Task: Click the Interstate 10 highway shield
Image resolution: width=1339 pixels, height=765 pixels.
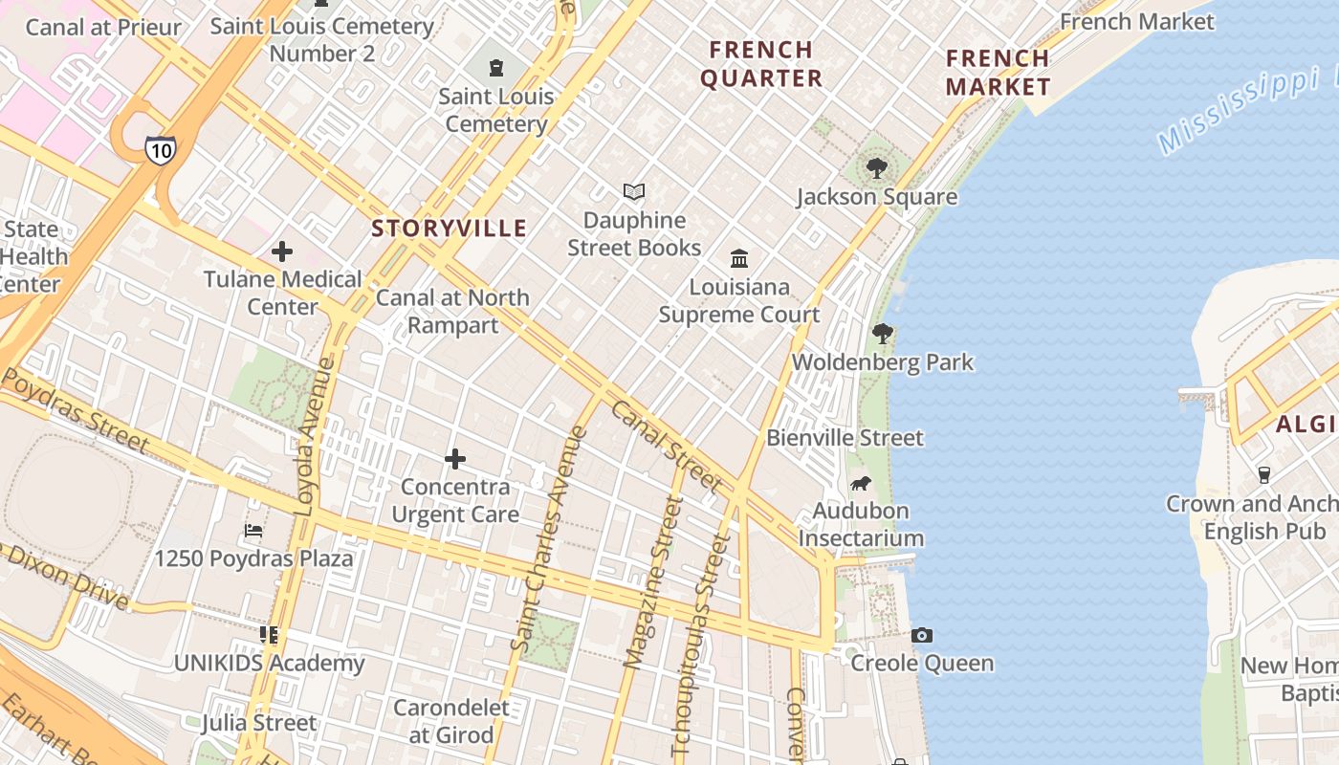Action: pos(160,149)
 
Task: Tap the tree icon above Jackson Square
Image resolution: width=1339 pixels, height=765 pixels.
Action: pos(876,169)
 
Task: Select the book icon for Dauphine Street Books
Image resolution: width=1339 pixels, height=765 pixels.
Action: pos(634,192)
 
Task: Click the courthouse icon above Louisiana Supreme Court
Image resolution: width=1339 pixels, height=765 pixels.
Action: pos(739,259)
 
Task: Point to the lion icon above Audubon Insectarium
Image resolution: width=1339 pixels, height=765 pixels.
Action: pos(861,483)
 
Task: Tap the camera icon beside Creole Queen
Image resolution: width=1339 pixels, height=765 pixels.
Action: pos(922,636)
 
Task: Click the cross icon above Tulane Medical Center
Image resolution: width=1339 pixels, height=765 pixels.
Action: pos(282,251)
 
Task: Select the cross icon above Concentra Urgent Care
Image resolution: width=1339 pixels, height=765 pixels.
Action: pos(455,459)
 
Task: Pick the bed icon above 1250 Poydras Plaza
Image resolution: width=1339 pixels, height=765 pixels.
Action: pos(253,531)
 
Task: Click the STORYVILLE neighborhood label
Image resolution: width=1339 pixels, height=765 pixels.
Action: pos(450,228)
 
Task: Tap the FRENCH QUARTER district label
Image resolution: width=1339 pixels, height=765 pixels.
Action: pos(761,64)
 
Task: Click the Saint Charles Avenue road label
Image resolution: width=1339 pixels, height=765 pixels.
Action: pos(550,540)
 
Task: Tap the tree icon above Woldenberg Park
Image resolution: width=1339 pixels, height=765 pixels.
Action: pos(882,334)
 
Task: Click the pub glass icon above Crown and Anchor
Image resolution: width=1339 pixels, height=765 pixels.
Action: pos(1263,475)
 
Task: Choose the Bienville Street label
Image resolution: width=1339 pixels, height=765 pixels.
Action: pos(845,438)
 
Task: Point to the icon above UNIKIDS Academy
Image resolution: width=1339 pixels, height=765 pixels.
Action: pos(269,635)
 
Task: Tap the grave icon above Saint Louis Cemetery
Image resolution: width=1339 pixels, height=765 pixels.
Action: pos(495,68)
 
